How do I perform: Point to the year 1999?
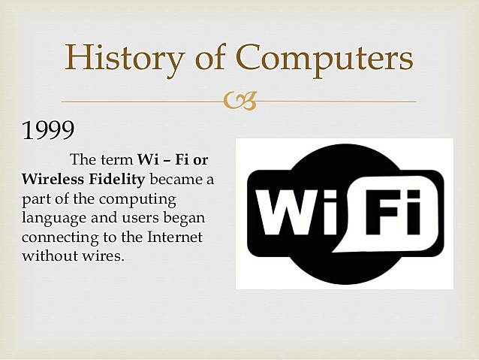pos(48,131)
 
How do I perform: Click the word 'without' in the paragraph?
pos(47,256)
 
